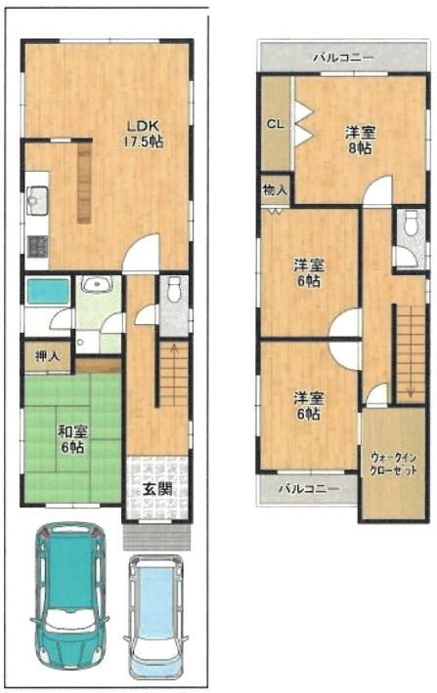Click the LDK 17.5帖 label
coord(142,134)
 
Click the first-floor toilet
coord(175,290)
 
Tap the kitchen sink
coord(37,200)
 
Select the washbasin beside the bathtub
coord(97,285)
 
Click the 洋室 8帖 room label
coord(357,140)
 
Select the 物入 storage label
coord(274,191)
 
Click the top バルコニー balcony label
coord(342,59)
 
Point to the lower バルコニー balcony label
coord(307,487)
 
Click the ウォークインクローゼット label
coord(394,463)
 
